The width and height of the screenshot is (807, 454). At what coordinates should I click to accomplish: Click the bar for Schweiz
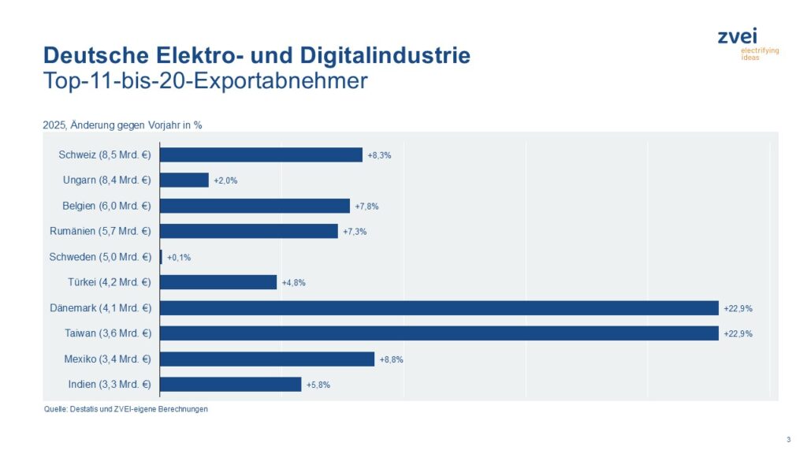coord(261,154)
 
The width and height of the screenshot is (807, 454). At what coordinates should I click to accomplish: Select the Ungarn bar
coord(184,180)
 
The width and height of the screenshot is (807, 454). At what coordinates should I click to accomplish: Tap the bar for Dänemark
coord(439,307)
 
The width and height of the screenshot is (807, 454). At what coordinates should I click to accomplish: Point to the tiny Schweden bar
coord(161,257)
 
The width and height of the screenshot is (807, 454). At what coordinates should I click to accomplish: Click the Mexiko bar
coord(267,359)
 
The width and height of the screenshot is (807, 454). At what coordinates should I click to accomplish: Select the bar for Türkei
coord(218,282)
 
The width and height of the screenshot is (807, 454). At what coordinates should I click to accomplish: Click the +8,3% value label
coord(379,155)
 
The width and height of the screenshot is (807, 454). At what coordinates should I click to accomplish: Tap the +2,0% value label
coord(225,180)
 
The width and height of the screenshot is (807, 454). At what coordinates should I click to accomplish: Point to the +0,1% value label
coord(179,257)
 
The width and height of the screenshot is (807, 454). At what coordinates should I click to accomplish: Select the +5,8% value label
coord(318,385)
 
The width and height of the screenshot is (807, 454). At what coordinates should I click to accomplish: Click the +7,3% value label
coord(355,232)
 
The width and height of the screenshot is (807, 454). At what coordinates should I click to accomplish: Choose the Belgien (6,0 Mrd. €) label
coord(106,206)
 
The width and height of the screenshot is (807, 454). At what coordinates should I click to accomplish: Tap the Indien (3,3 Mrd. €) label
coord(110,385)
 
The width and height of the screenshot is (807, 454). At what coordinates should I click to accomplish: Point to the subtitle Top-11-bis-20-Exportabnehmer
coord(205,81)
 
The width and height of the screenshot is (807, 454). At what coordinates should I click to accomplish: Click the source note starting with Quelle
coord(125,409)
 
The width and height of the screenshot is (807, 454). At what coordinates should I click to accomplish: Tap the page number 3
coord(788,439)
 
